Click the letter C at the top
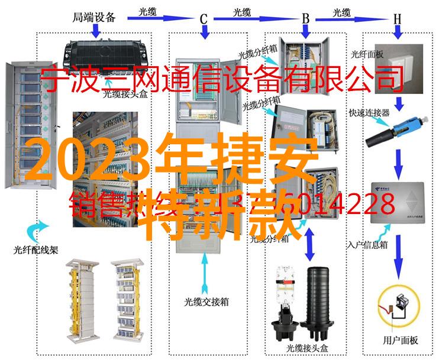[203, 18]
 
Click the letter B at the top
[306, 18]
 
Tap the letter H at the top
[398, 18]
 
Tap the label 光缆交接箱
[205, 301]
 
